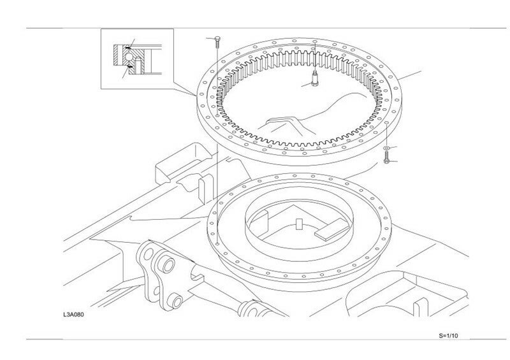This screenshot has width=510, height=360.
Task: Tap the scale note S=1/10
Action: pyautogui.click(x=449, y=335)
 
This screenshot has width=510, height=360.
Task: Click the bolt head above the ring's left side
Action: pyautogui.click(x=218, y=39)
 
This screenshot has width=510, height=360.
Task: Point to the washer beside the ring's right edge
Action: pyautogui.click(x=387, y=150)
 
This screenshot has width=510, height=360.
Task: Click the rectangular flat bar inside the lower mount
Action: pyautogui.click(x=332, y=228)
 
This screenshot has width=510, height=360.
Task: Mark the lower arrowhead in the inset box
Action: pyautogui.click(x=127, y=72)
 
